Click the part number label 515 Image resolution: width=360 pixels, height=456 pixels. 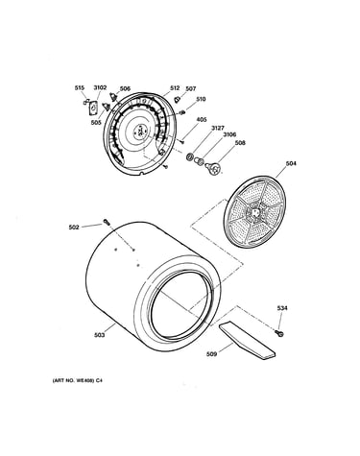pyautogui.click(x=80, y=88)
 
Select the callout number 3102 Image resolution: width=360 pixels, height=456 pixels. pyautogui.click(x=100, y=87)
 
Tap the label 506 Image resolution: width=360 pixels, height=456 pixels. pyautogui.click(x=125, y=88)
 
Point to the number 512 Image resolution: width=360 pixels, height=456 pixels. pyautogui.click(x=175, y=88)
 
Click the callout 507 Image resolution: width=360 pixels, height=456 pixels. pyautogui.click(x=191, y=88)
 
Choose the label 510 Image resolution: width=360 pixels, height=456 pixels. pyautogui.click(x=201, y=99)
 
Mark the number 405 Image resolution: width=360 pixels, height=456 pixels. pyautogui.click(x=202, y=119)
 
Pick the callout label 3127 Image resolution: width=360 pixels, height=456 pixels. pyautogui.click(x=218, y=128)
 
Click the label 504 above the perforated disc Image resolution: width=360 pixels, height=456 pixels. pyautogui.click(x=291, y=163)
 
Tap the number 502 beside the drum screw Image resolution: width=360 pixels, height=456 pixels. pyautogui.click(x=74, y=228)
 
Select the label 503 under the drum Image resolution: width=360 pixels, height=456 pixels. pyautogui.click(x=100, y=335)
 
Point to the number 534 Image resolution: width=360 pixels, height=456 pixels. pyautogui.click(x=282, y=308)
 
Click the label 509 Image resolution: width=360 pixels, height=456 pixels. pyautogui.click(x=211, y=354)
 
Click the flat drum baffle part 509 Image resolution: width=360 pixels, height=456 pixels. pyautogui.click(x=247, y=341)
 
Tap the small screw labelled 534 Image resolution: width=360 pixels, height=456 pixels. pyautogui.click(x=279, y=333)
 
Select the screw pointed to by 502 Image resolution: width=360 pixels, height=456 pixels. pyautogui.click(x=107, y=222)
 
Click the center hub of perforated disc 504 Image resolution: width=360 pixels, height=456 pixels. pyautogui.click(x=254, y=213)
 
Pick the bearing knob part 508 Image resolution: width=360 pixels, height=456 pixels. pyautogui.click(x=213, y=168)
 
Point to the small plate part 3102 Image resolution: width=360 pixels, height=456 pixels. pyautogui.click(x=93, y=108)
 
